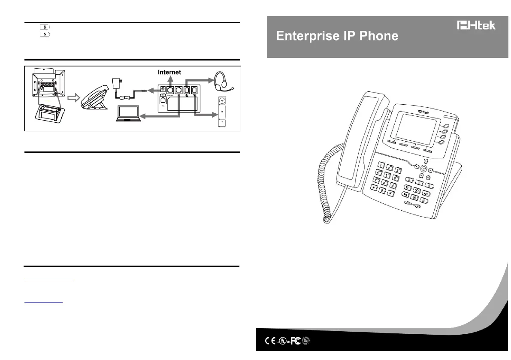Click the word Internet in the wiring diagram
(169, 73)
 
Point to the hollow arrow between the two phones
(75, 98)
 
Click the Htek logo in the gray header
(476, 25)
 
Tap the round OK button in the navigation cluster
(424, 169)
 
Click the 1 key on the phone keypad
(381, 166)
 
